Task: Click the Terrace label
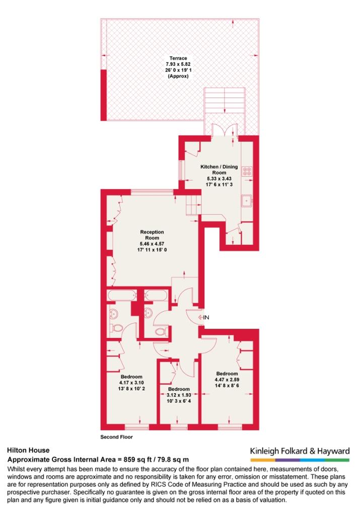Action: click(178, 58)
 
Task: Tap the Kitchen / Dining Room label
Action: click(219, 170)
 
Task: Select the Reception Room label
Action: click(152, 235)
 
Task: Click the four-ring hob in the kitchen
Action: click(247, 171)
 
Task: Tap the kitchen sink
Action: click(247, 201)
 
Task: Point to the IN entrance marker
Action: click(203, 317)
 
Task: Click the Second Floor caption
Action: click(116, 437)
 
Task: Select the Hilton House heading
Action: click(28, 451)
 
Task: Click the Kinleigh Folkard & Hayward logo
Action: click(300, 454)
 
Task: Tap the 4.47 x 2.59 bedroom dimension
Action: click(227, 380)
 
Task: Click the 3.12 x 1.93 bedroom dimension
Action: click(179, 395)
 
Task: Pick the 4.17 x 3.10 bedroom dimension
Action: click(131, 383)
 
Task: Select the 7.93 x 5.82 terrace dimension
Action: click(178, 64)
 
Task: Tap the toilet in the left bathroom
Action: click(117, 328)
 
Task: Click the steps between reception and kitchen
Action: click(193, 205)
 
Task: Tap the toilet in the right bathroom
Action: click(162, 331)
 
